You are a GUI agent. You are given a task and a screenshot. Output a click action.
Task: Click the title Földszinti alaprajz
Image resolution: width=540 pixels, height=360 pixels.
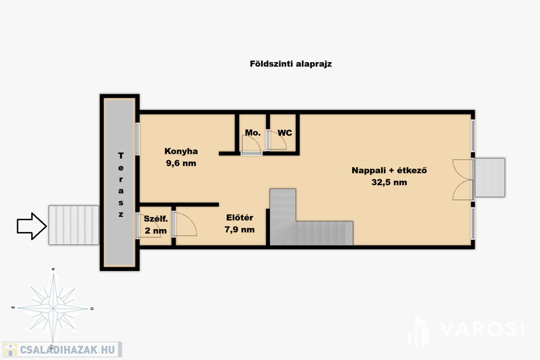point(291,64)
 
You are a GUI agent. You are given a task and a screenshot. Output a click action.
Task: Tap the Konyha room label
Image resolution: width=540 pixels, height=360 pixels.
point(181,151)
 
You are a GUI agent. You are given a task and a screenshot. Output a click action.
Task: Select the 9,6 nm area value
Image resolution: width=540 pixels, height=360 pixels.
point(181,163)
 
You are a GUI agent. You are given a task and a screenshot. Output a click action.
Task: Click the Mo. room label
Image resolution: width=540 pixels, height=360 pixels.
point(253,132)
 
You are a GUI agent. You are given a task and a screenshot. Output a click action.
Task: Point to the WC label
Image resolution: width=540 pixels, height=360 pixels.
point(285,132)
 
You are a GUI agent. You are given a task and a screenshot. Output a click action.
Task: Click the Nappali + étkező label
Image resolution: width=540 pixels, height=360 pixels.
point(389,170)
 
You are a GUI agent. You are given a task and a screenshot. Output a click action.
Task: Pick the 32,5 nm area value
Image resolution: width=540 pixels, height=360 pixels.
point(389,182)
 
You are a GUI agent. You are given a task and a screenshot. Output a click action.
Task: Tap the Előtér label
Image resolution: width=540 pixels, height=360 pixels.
point(240,218)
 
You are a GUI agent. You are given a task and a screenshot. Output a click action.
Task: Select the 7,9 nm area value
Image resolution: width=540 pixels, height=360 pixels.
point(240,230)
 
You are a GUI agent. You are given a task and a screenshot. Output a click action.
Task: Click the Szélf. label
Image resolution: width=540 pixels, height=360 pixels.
point(156,219)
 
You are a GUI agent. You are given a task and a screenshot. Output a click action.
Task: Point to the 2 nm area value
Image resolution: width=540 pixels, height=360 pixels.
point(156,230)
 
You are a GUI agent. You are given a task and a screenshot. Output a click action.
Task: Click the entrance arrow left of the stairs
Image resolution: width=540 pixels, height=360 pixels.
point(32,226)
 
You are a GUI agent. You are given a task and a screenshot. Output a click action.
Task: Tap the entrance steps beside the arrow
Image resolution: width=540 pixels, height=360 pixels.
point(74,225)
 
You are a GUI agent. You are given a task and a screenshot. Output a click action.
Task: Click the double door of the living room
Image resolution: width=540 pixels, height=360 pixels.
point(463,179)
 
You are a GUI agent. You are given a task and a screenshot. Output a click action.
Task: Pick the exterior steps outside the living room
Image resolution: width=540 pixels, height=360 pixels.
point(490,178)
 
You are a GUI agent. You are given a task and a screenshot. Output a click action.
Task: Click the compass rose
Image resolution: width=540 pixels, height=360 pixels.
point(53,307)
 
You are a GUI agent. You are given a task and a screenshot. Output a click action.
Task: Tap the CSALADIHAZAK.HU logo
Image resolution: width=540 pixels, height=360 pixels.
point(62,349)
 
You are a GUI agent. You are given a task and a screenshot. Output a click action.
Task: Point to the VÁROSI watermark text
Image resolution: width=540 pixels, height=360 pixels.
point(482,329)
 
